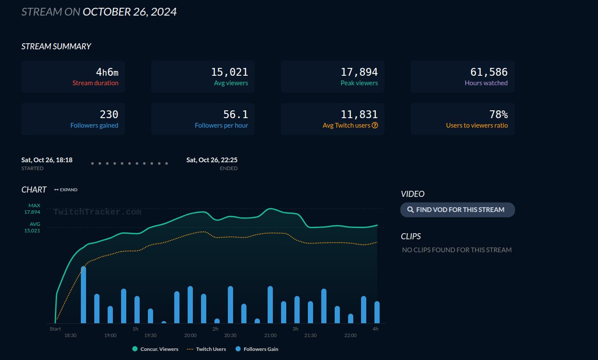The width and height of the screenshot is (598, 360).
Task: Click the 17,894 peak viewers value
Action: pyautogui.click(x=359, y=72)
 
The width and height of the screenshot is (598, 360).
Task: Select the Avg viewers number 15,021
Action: pyautogui.click(x=229, y=72)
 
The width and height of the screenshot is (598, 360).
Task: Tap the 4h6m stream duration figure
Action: pyautogui.click(x=107, y=72)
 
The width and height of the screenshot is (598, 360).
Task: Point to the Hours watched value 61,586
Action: pyautogui.click(x=489, y=72)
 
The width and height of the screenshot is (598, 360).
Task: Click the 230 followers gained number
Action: pyautogui.click(x=109, y=114)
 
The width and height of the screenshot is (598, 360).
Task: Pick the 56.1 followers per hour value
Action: pyautogui.click(x=235, y=114)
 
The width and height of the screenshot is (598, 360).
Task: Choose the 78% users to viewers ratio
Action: pyautogui.click(x=498, y=114)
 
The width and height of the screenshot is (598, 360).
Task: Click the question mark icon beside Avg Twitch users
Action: pyautogui.click(x=375, y=125)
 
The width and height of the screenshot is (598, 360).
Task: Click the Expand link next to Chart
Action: pyautogui.click(x=66, y=190)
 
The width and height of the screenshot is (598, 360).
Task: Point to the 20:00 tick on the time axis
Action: pyautogui.click(x=190, y=335)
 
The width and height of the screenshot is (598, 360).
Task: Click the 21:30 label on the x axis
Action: pyautogui.click(x=310, y=335)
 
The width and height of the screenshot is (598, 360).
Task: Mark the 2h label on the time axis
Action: pyautogui.click(x=215, y=329)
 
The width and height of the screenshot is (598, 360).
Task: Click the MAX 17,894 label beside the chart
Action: pyautogui.click(x=33, y=209)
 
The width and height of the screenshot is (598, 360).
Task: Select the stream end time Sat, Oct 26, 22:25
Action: pyautogui.click(x=212, y=160)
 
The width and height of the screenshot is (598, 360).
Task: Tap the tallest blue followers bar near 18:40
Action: pyautogui.click(x=83, y=294)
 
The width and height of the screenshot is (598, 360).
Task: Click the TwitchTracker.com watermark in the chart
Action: pyautogui.click(x=97, y=212)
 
